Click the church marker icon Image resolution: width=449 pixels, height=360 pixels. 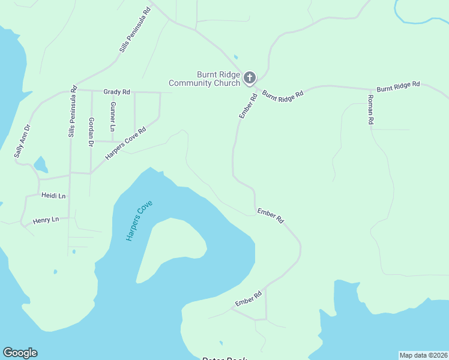coord(249,77)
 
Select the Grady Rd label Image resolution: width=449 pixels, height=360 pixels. coord(116,92)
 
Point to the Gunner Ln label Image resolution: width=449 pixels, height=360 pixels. coord(112,116)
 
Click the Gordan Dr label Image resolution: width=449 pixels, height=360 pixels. coord(91,131)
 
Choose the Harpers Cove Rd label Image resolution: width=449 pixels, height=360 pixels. coord(125,143)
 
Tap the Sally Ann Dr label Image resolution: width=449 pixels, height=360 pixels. coord(22,142)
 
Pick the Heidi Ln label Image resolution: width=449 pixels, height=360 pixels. coord(53,196)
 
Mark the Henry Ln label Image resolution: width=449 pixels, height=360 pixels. coord(46,220)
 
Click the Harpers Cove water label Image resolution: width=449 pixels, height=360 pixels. coord(139,220)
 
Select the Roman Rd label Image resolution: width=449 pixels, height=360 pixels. coord(371,110)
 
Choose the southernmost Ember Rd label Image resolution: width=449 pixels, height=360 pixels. coord(249,298)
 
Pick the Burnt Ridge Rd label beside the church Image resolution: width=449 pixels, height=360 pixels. coord(283,94)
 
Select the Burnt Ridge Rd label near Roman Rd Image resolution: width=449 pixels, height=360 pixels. coord(398,86)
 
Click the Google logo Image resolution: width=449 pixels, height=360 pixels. coord(20,353)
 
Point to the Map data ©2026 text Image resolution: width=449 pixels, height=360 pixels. coord(423,355)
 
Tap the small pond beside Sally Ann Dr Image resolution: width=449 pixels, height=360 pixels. coord(40,164)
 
